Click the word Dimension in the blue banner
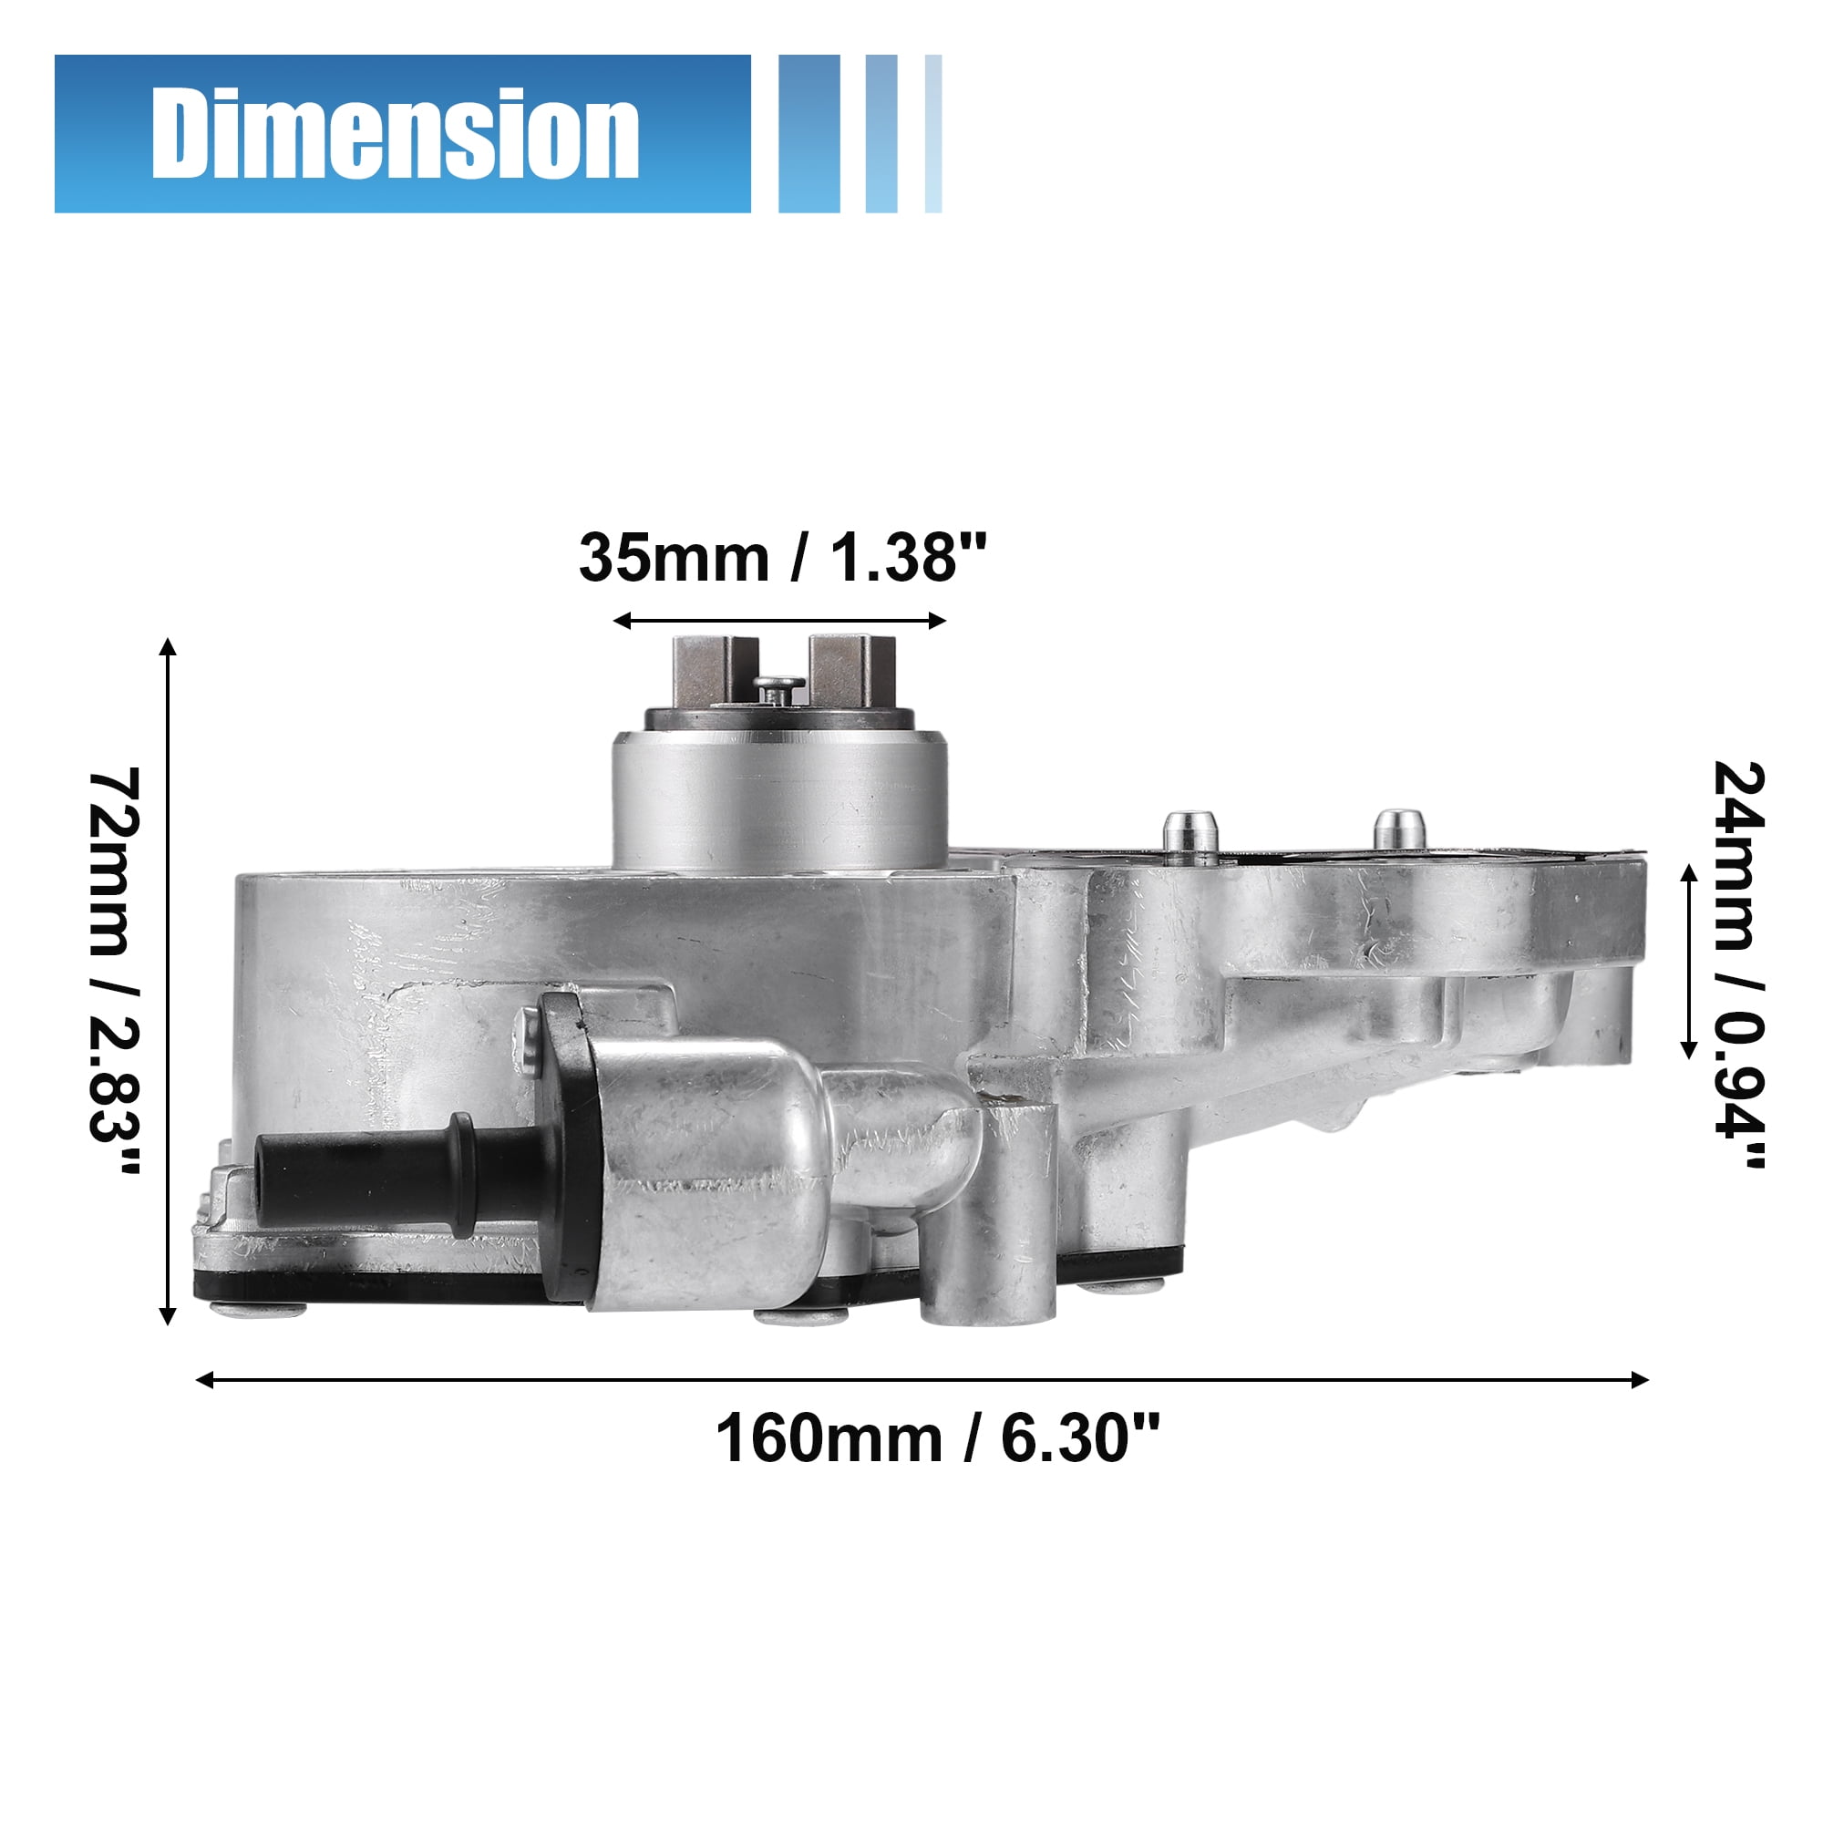396,133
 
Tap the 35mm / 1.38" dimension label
782,558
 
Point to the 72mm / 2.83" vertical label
114,971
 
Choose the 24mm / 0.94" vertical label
1738,964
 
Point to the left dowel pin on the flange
1190,836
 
